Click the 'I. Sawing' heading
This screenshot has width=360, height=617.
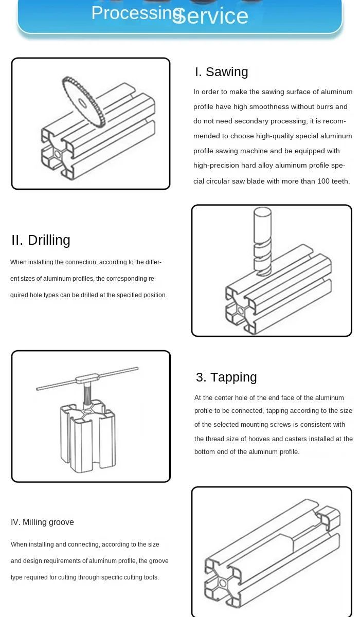click(222, 72)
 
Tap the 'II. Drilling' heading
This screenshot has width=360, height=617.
click(41, 240)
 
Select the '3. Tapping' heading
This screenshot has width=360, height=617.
click(226, 377)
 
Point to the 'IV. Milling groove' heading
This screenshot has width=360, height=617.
click(42, 522)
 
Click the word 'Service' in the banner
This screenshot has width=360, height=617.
click(210, 15)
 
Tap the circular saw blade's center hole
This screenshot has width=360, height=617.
click(82, 103)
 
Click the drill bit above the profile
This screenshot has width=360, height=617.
click(262, 242)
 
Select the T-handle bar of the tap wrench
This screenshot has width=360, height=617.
click(87, 378)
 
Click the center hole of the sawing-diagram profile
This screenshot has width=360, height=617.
click(58, 154)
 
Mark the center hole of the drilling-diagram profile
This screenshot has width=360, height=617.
click(241, 311)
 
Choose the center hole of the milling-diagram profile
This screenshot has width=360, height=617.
click(223, 583)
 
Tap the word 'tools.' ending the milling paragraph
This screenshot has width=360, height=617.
click(151, 577)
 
